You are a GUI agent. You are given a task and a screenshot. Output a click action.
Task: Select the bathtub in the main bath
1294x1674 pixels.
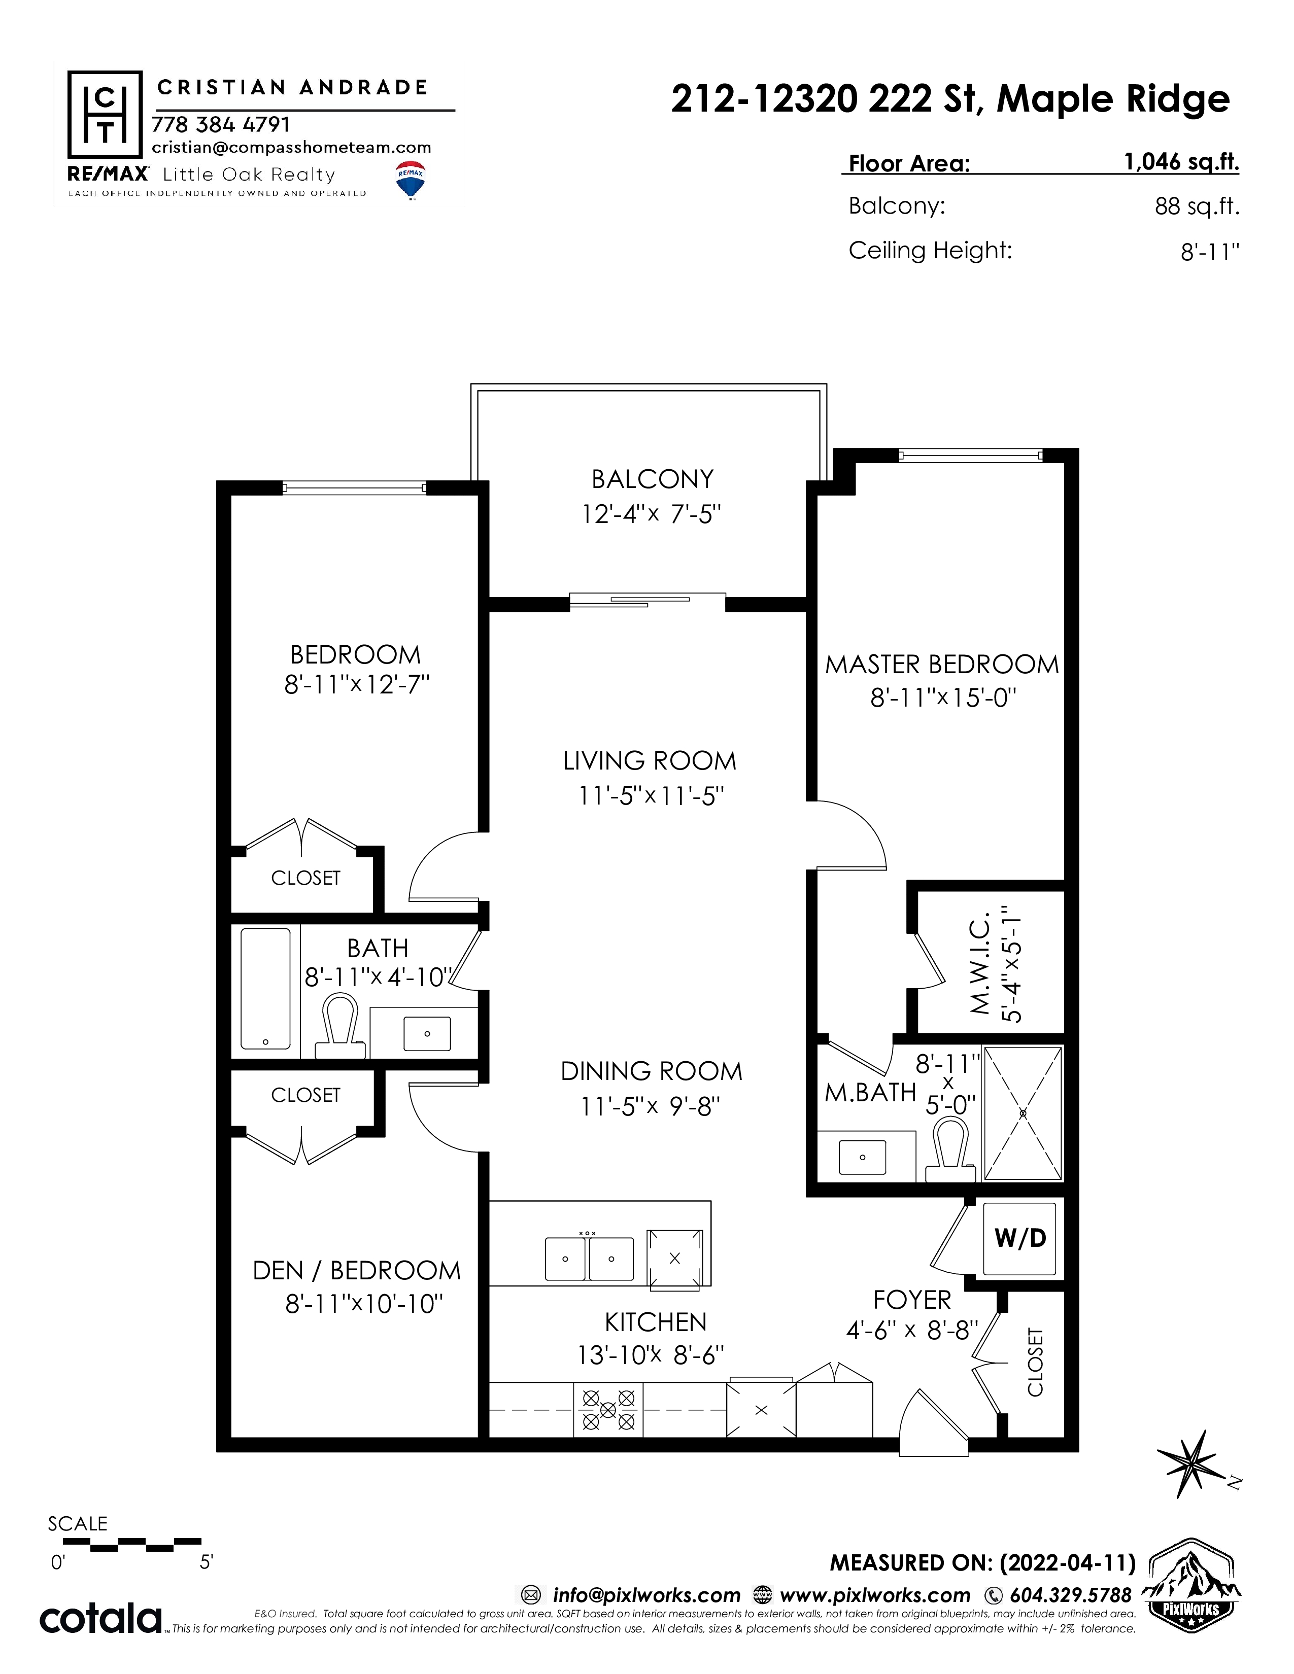(x=265, y=989)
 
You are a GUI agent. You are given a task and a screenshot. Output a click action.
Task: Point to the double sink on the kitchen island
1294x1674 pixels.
(x=589, y=1259)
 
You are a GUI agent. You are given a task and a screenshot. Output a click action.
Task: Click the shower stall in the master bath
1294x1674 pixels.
(x=1023, y=1113)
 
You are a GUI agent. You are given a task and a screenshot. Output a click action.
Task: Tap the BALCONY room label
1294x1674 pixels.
(x=653, y=479)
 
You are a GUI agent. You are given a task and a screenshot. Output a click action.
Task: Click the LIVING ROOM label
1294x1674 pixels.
(x=650, y=761)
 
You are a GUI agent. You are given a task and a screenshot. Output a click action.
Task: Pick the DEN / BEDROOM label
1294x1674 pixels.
(x=356, y=1270)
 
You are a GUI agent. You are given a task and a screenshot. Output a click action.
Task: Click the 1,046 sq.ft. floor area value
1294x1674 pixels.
(x=1181, y=162)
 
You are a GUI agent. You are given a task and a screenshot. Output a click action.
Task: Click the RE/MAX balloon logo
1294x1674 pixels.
(x=411, y=180)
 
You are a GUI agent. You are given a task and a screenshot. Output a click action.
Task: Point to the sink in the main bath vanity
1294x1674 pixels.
(x=427, y=1033)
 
